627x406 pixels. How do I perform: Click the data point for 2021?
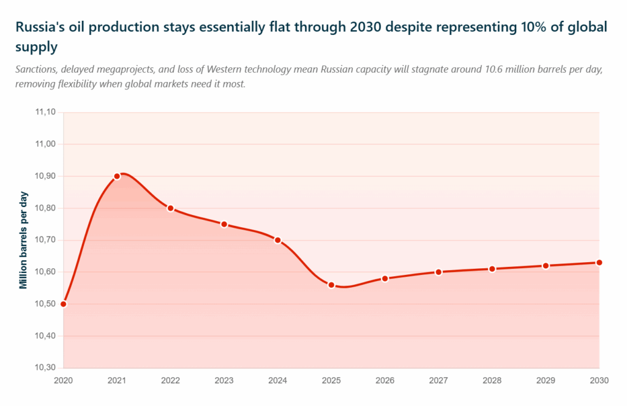pyautogui.click(x=117, y=176)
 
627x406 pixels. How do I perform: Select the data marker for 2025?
pyautogui.click(x=331, y=285)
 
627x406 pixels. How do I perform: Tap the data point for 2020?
pyautogui.click(x=63, y=304)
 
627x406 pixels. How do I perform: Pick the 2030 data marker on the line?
pyautogui.click(x=599, y=263)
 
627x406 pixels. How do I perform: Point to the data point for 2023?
pyautogui.click(x=224, y=224)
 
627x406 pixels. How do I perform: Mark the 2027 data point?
pyautogui.click(x=438, y=272)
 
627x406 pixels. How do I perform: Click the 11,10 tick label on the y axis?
pyautogui.click(x=46, y=113)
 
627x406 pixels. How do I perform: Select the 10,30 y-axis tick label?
pyautogui.click(x=46, y=368)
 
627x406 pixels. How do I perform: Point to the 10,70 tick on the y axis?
pyautogui.click(x=46, y=240)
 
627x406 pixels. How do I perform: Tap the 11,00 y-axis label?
pyautogui.click(x=46, y=145)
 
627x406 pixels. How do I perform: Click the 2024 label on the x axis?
pyautogui.click(x=277, y=380)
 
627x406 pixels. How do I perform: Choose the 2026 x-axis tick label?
pyautogui.click(x=385, y=380)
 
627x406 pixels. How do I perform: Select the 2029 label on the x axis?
pyautogui.click(x=546, y=380)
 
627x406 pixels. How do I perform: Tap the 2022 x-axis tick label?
pyautogui.click(x=170, y=380)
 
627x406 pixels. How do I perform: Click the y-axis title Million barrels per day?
pyautogui.click(x=23, y=240)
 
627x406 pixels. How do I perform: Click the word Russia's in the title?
pyautogui.click(x=37, y=28)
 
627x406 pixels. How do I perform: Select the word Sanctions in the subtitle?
pyautogui.click(x=36, y=69)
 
